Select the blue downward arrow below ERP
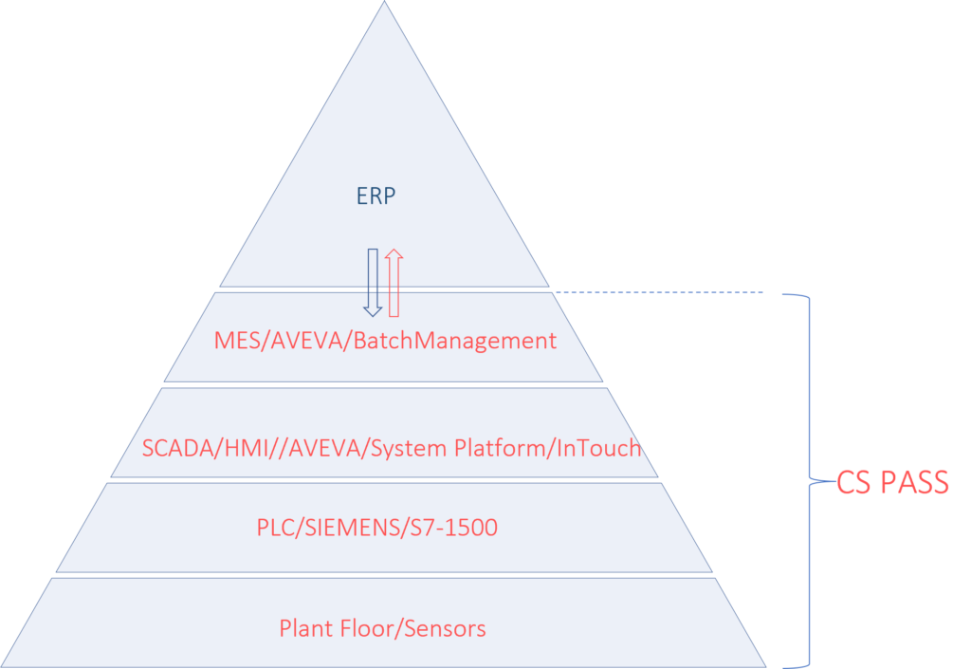[373, 281]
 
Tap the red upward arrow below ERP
[394, 281]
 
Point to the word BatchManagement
[454, 341]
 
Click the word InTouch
[597, 448]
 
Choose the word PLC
[276, 528]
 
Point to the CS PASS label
[892, 483]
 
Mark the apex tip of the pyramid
[384, 4]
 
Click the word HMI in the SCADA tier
[242, 448]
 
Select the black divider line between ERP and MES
[384, 288]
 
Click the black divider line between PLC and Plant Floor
[384, 575]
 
